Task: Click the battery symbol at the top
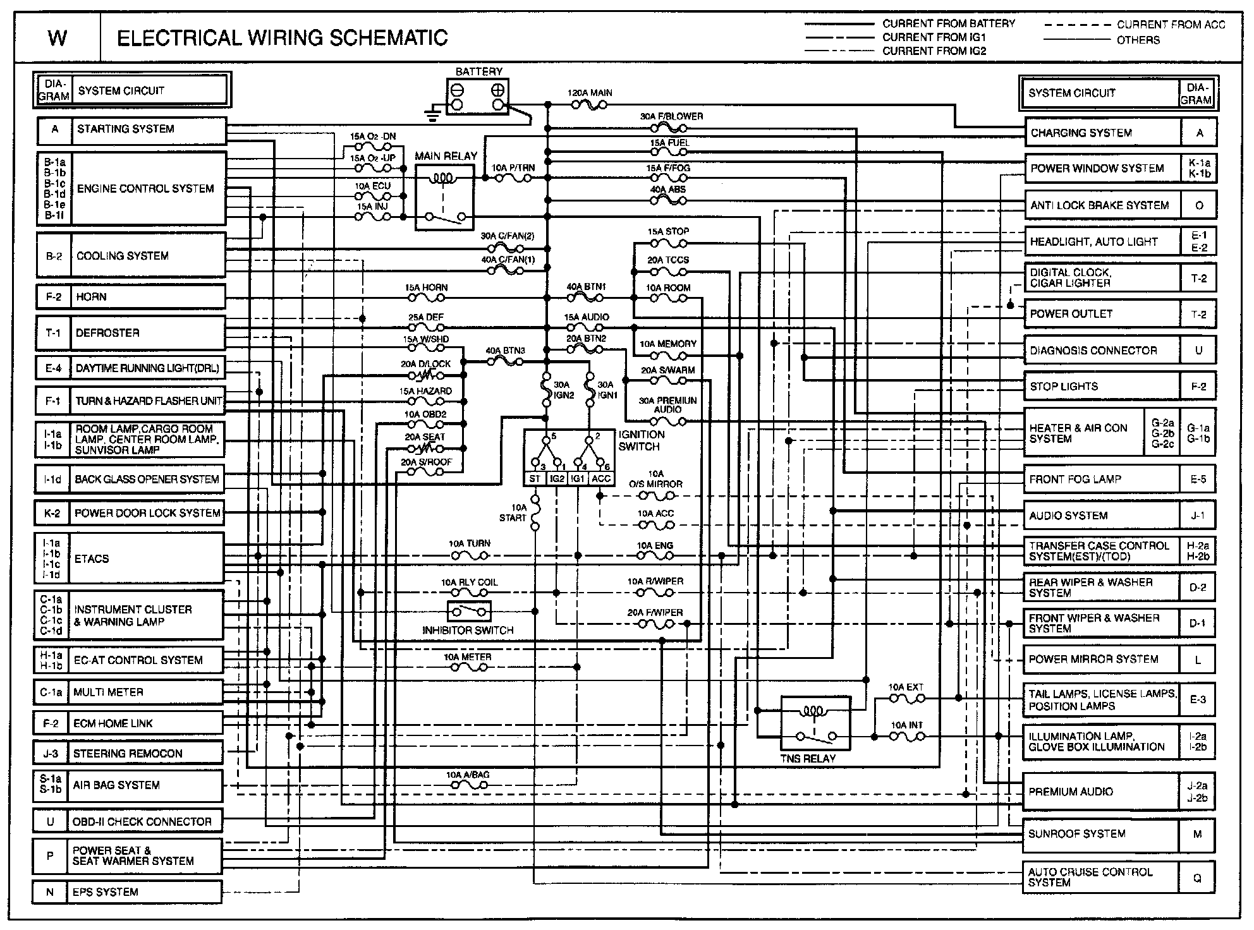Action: pyautogui.click(x=478, y=97)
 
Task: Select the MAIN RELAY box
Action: pyautogui.click(x=445, y=198)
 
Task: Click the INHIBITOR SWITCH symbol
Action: pyautogui.click(x=469, y=612)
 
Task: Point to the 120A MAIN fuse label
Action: pyautogui.click(x=590, y=93)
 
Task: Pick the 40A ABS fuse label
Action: pyautogui.click(x=668, y=190)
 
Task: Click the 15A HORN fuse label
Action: pyautogui.click(x=426, y=287)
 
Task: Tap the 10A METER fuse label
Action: pyautogui.click(x=468, y=657)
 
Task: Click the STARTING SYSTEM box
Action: pyautogui.click(x=149, y=130)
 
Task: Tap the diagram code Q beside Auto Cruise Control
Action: pyautogui.click(x=1197, y=878)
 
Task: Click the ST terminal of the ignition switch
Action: pyautogui.click(x=535, y=479)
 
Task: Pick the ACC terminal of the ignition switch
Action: pyautogui.click(x=601, y=479)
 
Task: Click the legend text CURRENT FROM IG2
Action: pyautogui.click(x=934, y=51)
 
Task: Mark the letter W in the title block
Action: pyautogui.click(x=58, y=39)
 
